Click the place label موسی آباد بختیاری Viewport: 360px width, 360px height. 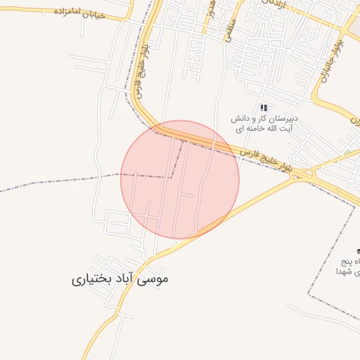pyautogui.click(x=120, y=279)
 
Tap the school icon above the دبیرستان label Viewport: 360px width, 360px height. pyautogui.click(x=264, y=108)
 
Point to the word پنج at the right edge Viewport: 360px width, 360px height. pyautogui.click(x=349, y=259)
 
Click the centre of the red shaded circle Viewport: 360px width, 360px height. pyautogui.click(x=180, y=179)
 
